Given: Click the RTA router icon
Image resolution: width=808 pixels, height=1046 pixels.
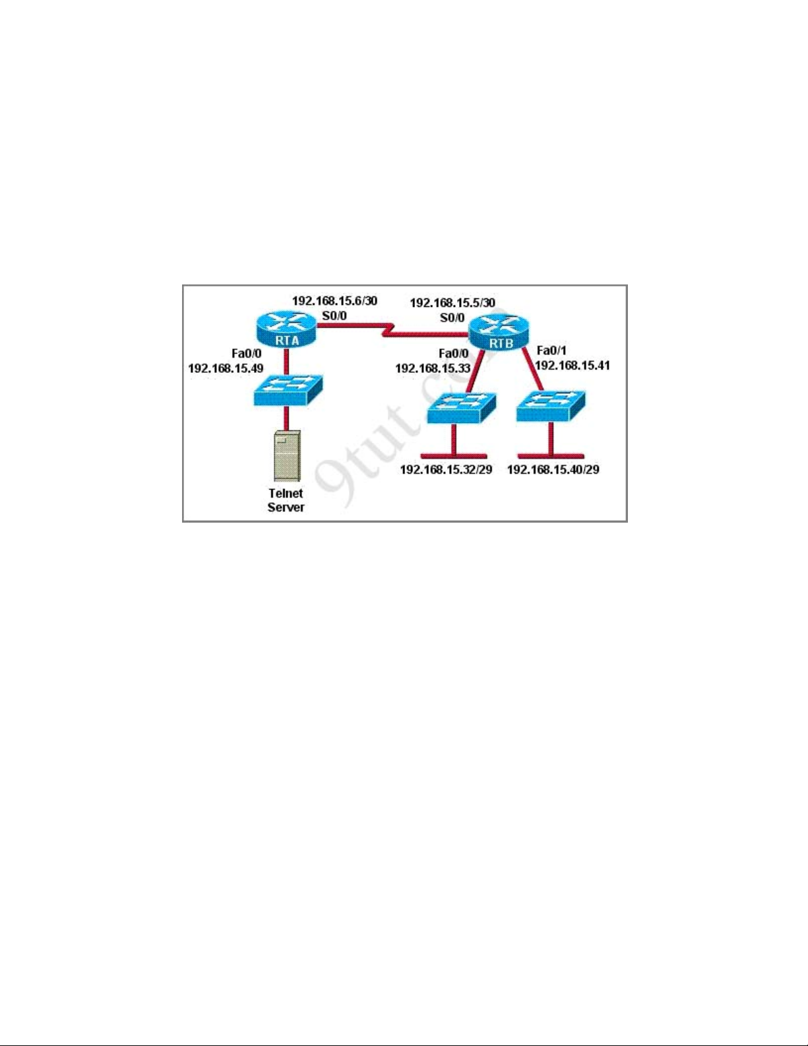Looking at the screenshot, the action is tap(287, 329).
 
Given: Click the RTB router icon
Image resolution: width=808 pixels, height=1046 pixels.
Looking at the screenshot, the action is tap(499, 331).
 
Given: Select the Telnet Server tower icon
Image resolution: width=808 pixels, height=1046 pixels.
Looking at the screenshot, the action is tap(287, 455).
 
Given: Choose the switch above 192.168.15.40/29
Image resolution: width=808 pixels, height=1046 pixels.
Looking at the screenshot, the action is tap(550, 406).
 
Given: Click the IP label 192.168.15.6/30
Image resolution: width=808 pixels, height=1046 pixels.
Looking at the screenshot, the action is tap(335, 301).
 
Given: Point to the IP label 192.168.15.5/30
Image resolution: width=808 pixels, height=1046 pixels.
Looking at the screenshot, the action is tap(452, 303).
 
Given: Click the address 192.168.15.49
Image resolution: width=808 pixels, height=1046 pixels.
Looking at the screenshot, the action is tap(226, 368).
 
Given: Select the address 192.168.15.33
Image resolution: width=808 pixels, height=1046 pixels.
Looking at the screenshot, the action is tap(433, 368).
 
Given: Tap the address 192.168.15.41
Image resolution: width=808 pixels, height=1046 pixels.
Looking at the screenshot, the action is tap(573, 366).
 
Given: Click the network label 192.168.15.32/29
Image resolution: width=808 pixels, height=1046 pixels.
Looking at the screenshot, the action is tap(446, 469).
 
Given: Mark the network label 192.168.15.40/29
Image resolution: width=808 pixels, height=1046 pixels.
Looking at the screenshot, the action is tap(553, 469).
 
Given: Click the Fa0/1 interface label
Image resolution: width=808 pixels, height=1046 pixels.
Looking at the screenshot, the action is tap(551, 350).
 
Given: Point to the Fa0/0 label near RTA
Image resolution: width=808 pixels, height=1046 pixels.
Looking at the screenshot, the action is tap(246, 353).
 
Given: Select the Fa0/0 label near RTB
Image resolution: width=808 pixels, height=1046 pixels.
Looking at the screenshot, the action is tap(453, 354).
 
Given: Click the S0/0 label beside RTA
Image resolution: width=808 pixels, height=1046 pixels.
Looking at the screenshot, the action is tap(334, 315).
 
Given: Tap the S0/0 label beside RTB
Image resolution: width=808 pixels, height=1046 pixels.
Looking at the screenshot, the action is tap(452, 317).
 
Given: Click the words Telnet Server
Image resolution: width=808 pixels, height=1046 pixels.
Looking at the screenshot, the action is tap(286, 500).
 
